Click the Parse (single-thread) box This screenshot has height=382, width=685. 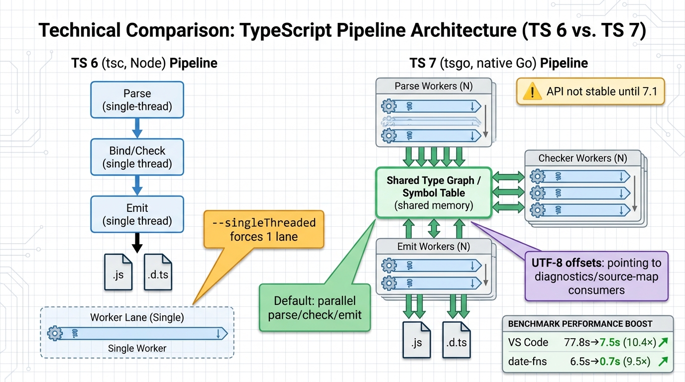(x=137, y=99)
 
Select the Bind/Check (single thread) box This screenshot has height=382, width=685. (x=137, y=157)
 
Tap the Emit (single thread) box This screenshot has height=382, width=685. (x=137, y=214)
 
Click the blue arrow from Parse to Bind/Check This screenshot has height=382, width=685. (x=137, y=128)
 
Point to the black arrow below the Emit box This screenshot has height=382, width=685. (x=137, y=243)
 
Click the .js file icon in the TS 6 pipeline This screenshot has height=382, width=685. (x=118, y=272)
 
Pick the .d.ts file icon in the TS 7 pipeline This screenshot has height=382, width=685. (x=457, y=340)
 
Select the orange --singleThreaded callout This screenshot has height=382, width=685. (x=264, y=229)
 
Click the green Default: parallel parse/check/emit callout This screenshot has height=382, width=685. (x=315, y=308)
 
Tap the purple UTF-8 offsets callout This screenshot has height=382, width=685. (x=596, y=276)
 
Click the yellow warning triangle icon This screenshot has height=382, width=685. (x=532, y=92)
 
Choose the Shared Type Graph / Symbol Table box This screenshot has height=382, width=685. (x=434, y=192)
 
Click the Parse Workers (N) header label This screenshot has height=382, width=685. (x=434, y=86)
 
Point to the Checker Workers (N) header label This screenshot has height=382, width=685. (x=582, y=158)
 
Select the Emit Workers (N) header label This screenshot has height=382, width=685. (x=434, y=247)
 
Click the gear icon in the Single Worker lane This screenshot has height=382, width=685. (x=55, y=333)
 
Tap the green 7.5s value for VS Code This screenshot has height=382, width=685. (x=610, y=343)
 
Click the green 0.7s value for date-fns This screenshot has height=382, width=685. (x=610, y=362)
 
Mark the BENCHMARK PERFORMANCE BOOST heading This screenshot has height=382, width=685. (x=580, y=324)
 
